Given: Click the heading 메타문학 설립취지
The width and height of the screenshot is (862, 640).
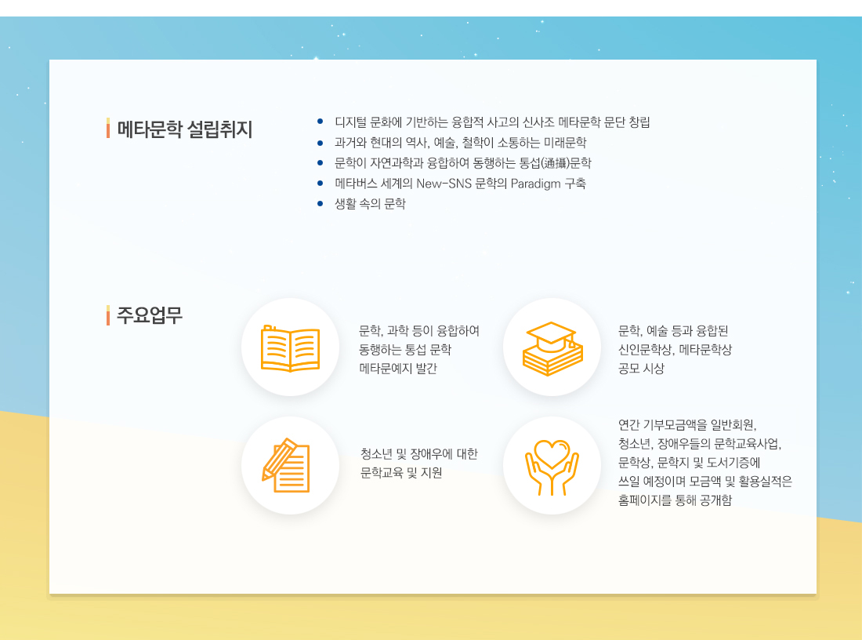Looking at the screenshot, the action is pos(185,129).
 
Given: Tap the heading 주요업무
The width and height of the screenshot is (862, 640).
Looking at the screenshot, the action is pos(150,315).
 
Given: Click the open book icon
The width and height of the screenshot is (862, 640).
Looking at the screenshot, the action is pos(290,348).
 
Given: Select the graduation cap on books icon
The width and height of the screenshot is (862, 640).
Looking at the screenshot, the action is pos(552,348).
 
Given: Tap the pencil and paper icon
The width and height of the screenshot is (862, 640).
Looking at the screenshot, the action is pos(286,466).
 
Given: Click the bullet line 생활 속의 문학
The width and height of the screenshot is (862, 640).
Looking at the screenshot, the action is pos(370,204).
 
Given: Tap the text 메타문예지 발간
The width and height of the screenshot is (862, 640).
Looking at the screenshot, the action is pos(398,368).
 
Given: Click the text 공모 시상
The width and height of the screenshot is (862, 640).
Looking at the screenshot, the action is pos(641,368).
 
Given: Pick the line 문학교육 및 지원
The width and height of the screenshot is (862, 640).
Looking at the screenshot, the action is pos(401,473).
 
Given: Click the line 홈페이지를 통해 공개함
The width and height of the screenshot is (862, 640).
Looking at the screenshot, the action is pos(675,500).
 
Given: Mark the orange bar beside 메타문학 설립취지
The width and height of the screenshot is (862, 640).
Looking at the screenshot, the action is pos(108,128).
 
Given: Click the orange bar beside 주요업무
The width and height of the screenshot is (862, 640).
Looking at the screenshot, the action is pos(108,315).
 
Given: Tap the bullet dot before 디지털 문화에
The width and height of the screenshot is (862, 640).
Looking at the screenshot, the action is pos(320,122).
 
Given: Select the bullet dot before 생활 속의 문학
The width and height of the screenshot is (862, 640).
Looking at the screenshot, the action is pos(320,204).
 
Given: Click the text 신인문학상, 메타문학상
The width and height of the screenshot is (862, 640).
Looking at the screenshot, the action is pos(675,350).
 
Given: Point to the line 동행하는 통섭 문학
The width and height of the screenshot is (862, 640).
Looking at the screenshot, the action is pos(405,350).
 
